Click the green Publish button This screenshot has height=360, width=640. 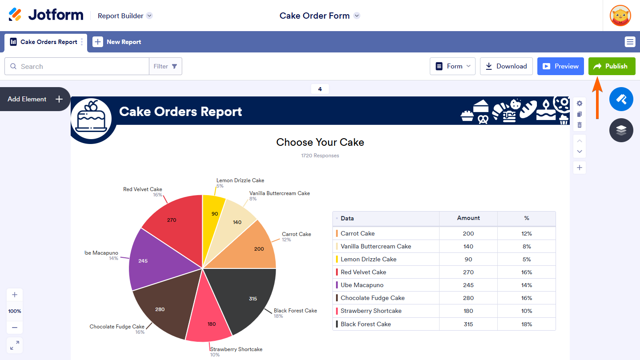612,66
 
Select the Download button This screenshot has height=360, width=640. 506,66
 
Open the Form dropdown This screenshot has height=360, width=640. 452,66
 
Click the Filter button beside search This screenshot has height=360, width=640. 165,66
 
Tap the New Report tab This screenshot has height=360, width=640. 117,42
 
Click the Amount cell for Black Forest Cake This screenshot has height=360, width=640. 468,324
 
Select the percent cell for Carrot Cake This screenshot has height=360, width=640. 526,233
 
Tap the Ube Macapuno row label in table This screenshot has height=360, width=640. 362,285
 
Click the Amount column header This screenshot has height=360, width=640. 468,218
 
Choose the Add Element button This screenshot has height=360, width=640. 35,99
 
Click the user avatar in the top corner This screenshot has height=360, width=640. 620,16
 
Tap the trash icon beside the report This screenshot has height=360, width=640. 579,125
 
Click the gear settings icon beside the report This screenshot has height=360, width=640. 579,103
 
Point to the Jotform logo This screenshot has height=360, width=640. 46,15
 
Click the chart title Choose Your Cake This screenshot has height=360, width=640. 320,142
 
